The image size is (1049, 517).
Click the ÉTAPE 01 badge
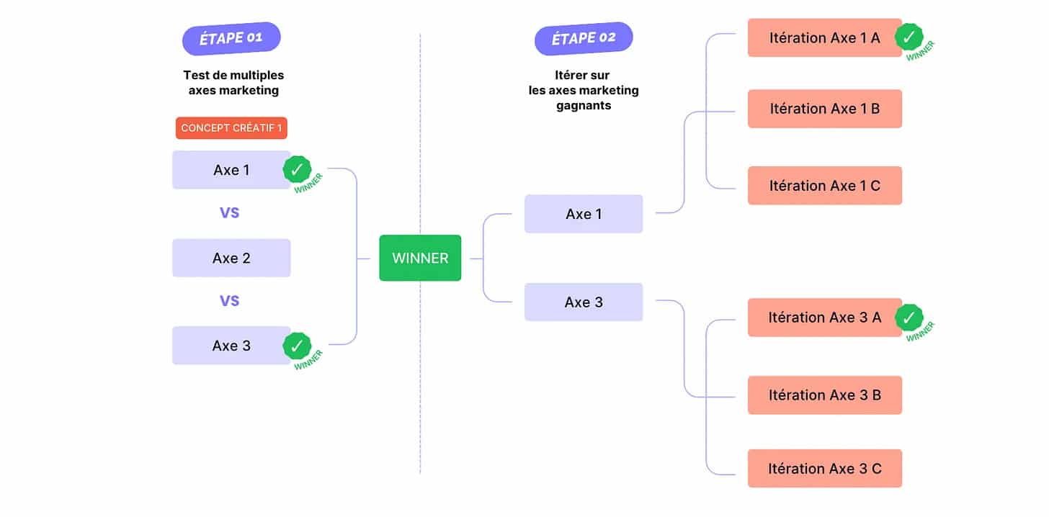pyautogui.click(x=231, y=38)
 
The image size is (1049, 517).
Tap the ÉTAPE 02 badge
pyautogui.click(x=584, y=38)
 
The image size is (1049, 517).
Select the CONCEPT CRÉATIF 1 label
pyautogui.click(x=231, y=127)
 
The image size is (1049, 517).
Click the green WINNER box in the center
pyautogui.click(x=420, y=258)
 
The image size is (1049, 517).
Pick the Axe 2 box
pyautogui.click(x=231, y=258)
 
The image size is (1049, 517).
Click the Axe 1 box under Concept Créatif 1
pyautogui.click(x=231, y=170)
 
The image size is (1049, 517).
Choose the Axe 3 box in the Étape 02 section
pyautogui.click(x=584, y=302)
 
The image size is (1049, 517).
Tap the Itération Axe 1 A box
pyautogui.click(x=825, y=38)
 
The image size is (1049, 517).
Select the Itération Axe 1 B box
pyautogui.click(x=825, y=109)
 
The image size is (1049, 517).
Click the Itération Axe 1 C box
pyautogui.click(x=825, y=185)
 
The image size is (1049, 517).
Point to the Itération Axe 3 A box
pyautogui.click(x=825, y=318)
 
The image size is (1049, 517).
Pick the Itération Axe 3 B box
pyautogui.click(x=825, y=395)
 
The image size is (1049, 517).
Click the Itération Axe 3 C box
pyautogui.click(x=825, y=468)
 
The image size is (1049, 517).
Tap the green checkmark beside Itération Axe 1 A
pyautogui.click(x=909, y=37)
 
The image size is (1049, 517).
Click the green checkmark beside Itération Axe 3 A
pyautogui.click(x=909, y=318)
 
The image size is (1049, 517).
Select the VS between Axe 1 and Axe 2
pyautogui.click(x=229, y=213)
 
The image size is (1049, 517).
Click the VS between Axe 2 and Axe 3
pyautogui.click(x=229, y=300)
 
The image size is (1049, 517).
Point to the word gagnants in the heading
pyautogui.click(x=584, y=106)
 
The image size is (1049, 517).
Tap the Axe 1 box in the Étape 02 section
pyautogui.click(x=584, y=214)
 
